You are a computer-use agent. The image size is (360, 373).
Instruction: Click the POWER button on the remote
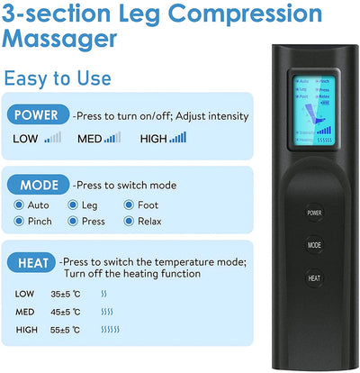click(313, 214)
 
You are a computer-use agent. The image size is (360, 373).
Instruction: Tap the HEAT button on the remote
click(313, 278)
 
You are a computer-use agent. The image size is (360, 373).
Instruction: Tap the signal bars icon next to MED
click(112, 138)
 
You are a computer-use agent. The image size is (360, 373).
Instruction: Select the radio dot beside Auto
click(19, 205)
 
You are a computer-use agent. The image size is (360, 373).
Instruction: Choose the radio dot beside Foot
click(128, 205)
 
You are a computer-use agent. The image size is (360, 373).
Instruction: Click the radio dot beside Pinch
click(19, 222)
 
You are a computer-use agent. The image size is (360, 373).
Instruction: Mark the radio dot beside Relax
click(128, 222)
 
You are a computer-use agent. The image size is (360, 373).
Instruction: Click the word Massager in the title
click(60, 40)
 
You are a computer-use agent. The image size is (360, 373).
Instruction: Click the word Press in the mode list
click(94, 222)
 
